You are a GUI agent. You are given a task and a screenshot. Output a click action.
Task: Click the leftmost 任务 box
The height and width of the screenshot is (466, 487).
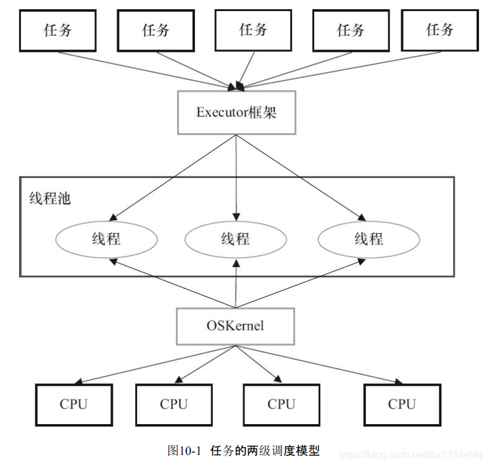(x=58, y=30)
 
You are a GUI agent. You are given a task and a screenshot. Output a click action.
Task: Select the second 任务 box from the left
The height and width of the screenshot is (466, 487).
(x=156, y=30)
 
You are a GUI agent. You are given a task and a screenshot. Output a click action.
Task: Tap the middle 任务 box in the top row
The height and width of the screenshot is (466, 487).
(x=253, y=30)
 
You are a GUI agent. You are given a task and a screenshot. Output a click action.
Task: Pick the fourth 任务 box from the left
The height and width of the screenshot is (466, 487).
(x=351, y=30)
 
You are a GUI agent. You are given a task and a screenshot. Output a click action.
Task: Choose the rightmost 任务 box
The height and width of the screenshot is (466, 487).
(x=439, y=30)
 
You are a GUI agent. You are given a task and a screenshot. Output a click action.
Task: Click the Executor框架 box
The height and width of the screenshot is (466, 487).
(x=236, y=112)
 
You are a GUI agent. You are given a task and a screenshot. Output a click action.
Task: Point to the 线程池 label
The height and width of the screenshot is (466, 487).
(x=50, y=198)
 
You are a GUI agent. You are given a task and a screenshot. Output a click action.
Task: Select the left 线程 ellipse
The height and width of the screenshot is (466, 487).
(x=106, y=239)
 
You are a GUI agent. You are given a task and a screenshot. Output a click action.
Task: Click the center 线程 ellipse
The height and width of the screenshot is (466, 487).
(x=236, y=239)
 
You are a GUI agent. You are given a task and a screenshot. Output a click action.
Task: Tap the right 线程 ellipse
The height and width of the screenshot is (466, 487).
(x=368, y=239)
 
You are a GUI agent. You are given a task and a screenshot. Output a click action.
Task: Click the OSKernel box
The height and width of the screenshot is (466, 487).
(x=235, y=325)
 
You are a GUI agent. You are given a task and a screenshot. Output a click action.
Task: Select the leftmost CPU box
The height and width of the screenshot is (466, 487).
(x=74, y=405)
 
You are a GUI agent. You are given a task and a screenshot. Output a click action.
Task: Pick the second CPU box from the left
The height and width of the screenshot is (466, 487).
(x=174, y=405)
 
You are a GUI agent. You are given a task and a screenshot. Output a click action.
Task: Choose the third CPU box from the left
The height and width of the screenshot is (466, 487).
(x=281, y=405)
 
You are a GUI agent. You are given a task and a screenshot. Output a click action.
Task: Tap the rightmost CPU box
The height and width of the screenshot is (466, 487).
(x=402, y=405)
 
